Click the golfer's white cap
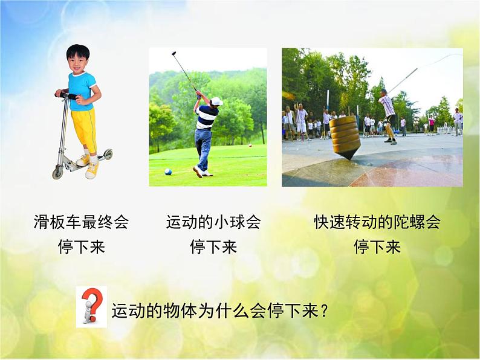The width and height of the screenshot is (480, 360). (x=216, y=101)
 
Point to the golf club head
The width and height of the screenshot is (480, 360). (x=173, y=53)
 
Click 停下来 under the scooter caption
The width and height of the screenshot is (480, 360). (x=82, y=247)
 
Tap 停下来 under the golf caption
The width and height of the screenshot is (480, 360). (x=213, y=247)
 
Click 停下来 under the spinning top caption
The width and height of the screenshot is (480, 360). (x=377, y=247)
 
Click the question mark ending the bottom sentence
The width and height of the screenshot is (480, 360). (x=324, y=312)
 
